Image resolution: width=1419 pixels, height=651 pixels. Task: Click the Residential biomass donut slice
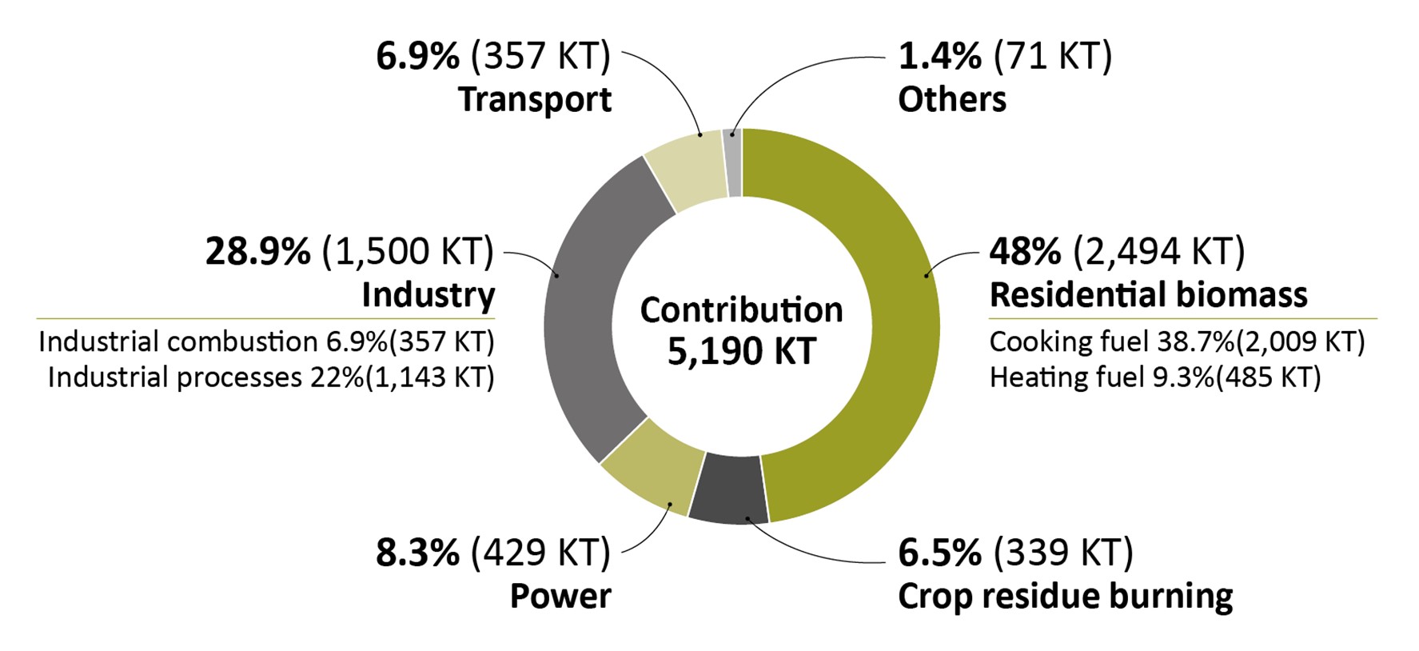[x=887, y=320]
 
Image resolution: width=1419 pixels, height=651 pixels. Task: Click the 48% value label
[x=1025, y=251]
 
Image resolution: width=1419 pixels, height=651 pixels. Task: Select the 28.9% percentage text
[x=257, y=251]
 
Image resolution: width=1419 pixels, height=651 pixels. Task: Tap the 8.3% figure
[x=417, y=553]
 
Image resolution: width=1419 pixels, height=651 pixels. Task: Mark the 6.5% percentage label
[x=939, y=553]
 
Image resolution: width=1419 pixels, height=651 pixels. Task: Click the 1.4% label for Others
[x=939, y=56]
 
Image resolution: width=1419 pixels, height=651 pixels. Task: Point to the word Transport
[x=534, y=100]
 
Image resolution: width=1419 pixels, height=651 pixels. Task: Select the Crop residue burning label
[x=1065, y=597]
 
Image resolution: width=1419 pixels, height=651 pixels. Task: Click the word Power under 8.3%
[x=560, y=597]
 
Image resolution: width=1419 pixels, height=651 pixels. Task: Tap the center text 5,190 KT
[x=741, y=352]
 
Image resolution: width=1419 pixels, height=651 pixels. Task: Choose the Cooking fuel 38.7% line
[x=1176, y=341]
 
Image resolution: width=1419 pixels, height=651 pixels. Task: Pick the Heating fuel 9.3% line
[x=1154, y=377]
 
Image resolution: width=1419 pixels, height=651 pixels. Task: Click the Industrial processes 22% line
[x=271, y=377]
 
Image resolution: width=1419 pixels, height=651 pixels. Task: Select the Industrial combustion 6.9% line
[x=266, y=341]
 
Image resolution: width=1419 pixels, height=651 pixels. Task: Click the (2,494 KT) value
[x=1158, y=251]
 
